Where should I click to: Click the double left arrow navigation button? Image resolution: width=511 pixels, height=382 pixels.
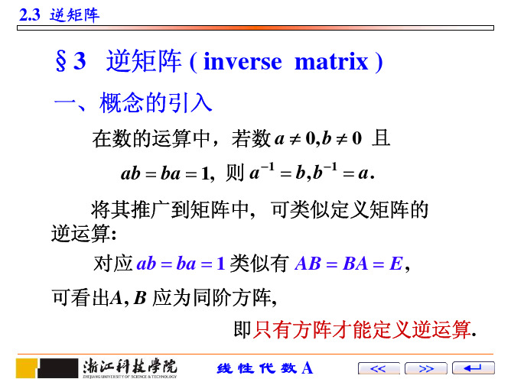(x=379, y=368)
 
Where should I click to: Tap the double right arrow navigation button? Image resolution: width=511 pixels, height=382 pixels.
(x=425, y=368)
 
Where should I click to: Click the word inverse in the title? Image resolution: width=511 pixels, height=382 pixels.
(x=242, y=61)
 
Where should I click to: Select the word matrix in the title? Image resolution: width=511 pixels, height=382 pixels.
(x=331, y=61)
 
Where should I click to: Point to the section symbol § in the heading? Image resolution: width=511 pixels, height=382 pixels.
(x=61, y=61)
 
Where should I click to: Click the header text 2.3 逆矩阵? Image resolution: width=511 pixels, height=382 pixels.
(x=59, y=15)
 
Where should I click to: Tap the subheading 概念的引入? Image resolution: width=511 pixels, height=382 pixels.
(x=156, y=102)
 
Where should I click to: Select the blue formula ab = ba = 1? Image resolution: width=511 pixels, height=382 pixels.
(x=181, y=264)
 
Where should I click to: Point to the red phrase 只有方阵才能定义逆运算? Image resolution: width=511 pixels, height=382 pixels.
(x=362, y=329)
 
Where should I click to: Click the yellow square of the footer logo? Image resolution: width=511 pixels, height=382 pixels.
(x=27, y=367)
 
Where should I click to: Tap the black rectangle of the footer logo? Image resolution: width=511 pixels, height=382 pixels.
(x=59, y=367)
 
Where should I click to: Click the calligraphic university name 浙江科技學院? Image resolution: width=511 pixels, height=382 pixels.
(x=130, y=367)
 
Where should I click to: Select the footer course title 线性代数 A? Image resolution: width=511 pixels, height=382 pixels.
(x=265, y=368)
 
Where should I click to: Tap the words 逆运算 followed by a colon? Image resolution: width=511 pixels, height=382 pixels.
(x=83, y=234)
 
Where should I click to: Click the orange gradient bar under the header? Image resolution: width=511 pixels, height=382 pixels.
(x=255, y=28)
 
